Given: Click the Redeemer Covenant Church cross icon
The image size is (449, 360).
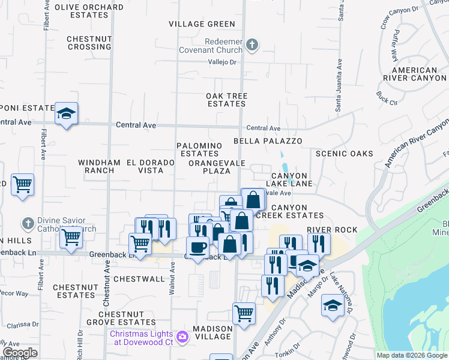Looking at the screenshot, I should click(x=253, y=44).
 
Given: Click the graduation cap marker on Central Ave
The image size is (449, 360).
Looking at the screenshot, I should click(x=65, y=113).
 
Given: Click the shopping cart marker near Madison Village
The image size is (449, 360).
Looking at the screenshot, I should click(x=244, y=313).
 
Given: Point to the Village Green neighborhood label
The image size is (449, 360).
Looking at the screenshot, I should click(x=202, y=24).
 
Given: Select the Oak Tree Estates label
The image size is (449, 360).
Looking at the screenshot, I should click(x=227, y=100).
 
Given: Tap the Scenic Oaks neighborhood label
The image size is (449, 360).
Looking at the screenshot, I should click(x=344, y=154).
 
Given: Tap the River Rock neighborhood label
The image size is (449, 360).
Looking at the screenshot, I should click(x=332, y=230).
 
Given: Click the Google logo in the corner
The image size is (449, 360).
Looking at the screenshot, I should click(x=20, y=353).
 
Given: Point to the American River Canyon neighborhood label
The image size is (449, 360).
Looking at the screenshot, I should click(x=415, y=74).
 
